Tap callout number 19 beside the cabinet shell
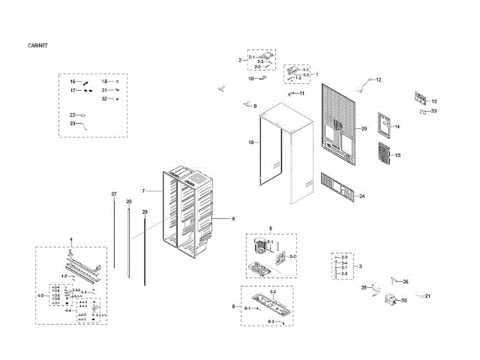[251, 142]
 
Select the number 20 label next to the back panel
[363, 129]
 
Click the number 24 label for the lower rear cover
[361, 196]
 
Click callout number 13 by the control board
[433, 101]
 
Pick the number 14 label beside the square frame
[397, 127]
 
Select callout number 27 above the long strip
[114, 194]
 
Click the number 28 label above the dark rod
[145, 212]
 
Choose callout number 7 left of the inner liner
[142, 191]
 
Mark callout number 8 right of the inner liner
[233, 219]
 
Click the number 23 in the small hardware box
[73, 122]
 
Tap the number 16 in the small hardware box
[73, 81]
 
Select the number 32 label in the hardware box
[105, 98]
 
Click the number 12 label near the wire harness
[379, 79]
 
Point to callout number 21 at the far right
[427, 296]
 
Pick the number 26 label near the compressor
[405, 282]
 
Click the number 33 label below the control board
[433, 111]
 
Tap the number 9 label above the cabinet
[255, 106]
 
